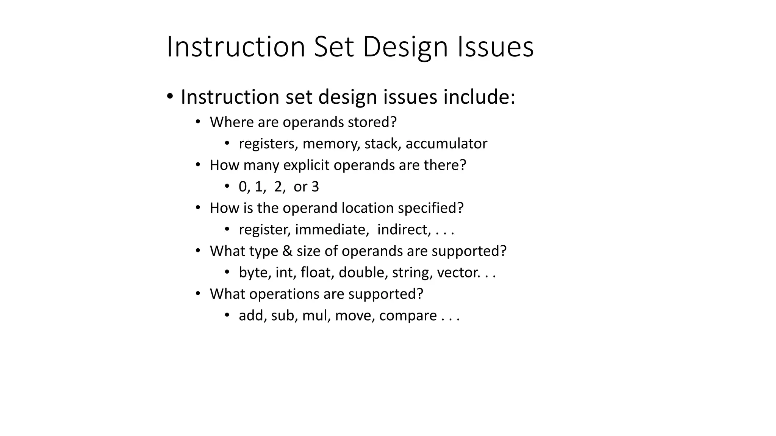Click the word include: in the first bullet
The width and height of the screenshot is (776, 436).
click(479, 97)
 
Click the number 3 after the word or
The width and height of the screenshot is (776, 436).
click(315, 187)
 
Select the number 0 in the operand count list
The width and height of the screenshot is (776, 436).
click(242, 187)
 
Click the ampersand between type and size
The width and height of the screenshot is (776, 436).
click(288, 251)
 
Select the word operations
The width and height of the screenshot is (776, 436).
click(277, 294)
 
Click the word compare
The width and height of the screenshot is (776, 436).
click(408, 316)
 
